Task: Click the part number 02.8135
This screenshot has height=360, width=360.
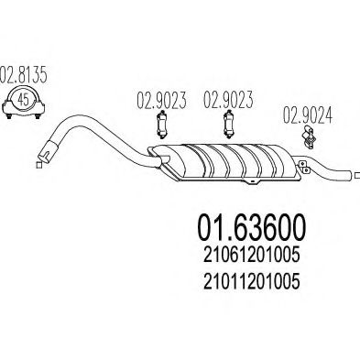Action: [24, 74]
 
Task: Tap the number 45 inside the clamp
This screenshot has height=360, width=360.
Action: [24, 99]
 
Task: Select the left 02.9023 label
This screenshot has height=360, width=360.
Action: [161, 101]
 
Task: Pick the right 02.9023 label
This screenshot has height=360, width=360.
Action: [228, 100]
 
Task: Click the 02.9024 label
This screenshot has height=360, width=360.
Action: [308, 115]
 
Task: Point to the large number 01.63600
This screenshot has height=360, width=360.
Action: [252, 228]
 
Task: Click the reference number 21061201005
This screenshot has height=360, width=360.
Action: [251, 256]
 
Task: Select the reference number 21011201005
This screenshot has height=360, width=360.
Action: [251, 281]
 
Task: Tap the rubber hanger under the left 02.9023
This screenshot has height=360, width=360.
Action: [161, 125]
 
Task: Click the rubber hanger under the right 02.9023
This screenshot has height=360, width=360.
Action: [229, 125]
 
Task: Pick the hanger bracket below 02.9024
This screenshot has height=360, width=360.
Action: [308, 137]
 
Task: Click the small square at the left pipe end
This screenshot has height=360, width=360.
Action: [38, 165]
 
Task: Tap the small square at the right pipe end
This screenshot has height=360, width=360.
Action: [357, 176]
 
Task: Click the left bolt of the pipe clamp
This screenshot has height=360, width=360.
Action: [9, 116]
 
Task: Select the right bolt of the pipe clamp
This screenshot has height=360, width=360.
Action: [38, 116]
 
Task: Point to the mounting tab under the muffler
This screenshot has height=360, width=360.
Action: [252, 181]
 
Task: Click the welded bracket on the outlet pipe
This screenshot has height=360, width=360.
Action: [304, 167]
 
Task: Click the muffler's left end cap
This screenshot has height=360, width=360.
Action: [158, 156]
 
